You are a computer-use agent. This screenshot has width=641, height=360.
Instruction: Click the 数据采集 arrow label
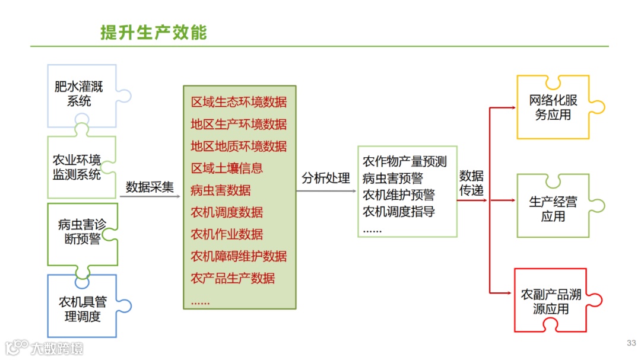click(150, 187)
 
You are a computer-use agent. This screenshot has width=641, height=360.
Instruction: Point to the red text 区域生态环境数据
click(239, 102)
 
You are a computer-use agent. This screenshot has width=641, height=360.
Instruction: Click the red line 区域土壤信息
click(227, 168)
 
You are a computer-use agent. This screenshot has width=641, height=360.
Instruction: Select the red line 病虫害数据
click(221, 190)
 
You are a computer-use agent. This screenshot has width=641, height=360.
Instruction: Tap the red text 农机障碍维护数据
click(239, 256)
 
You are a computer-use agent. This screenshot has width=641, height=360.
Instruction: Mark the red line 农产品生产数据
click(233, 278)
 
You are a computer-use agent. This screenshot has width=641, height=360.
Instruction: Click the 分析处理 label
click(326, 179)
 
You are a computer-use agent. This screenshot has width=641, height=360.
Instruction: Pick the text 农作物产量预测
click(405, 162)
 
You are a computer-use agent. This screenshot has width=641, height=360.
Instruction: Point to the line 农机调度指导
click(399, 212)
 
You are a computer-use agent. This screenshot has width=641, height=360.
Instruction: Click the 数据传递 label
click(471, 183)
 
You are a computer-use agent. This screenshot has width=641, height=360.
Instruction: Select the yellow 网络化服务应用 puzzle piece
click(553, 107)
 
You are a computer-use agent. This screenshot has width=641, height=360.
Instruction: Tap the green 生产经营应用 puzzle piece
click(553, 208)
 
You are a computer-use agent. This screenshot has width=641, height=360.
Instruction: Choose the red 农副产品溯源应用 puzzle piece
click(551, 301)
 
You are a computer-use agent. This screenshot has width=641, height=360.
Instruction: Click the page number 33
click(631, 343)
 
